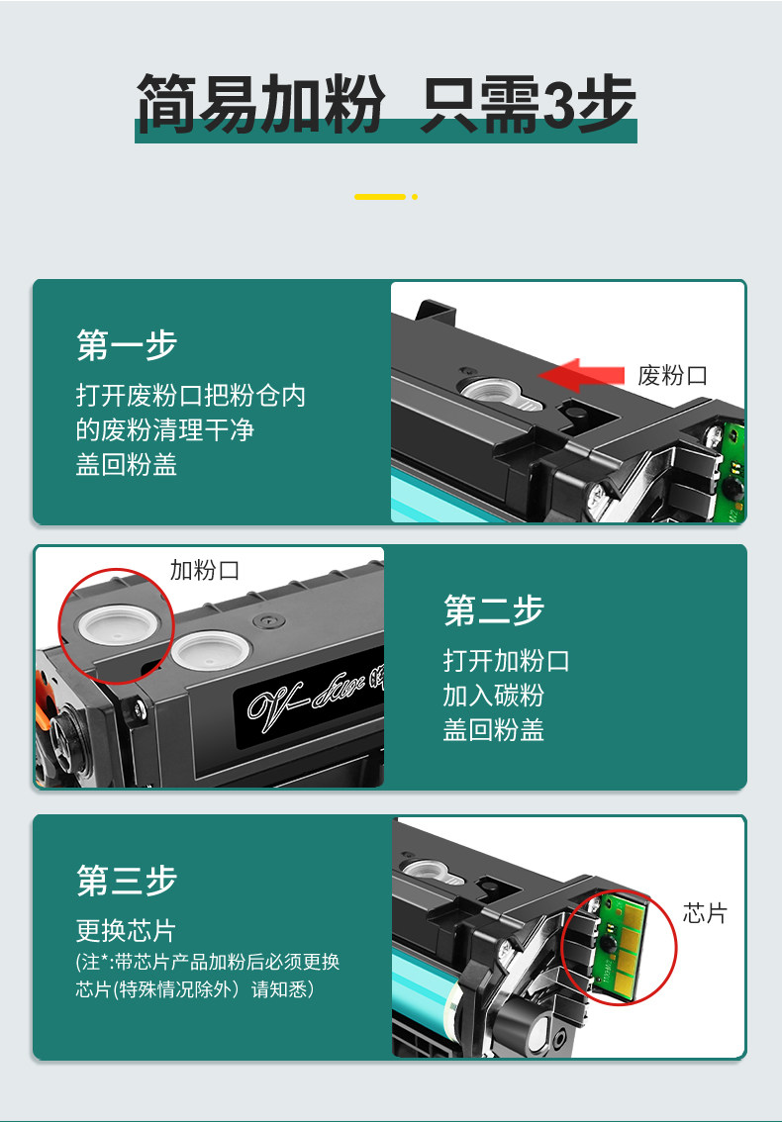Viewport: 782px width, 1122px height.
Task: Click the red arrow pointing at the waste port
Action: point(581,375)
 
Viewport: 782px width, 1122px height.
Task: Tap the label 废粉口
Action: point(672,375)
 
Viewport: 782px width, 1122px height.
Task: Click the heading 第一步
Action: point(127,344)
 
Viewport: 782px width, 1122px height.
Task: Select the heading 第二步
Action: point(494,609)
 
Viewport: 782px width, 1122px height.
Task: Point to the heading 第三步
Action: point(127,880)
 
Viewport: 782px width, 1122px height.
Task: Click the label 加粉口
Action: point(204,570)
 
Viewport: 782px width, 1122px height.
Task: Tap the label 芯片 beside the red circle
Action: point(705,913)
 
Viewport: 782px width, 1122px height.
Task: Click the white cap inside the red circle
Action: point(118,624)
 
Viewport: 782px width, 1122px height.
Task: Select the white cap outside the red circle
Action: point(211,650)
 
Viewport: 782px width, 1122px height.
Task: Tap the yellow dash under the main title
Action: point(380,196)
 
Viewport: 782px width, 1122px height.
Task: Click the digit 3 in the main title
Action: point(560,105)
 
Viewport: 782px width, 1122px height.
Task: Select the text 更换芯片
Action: point(126,930)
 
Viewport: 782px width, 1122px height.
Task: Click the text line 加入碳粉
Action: point(493,695)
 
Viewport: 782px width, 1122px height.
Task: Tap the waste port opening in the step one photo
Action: point(501,393)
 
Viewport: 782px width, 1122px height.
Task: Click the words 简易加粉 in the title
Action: point(260,105)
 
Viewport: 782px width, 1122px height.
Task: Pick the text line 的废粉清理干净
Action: point(164,429)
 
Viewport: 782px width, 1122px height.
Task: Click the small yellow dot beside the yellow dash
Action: point(415,197)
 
